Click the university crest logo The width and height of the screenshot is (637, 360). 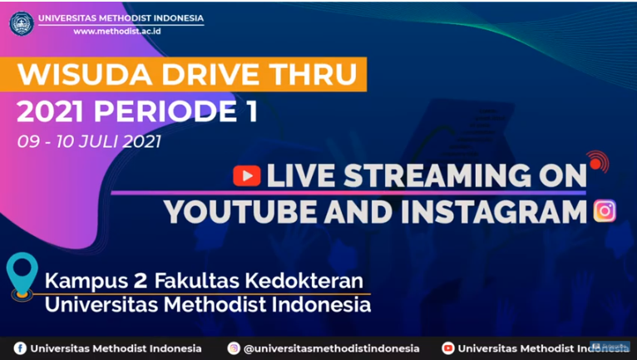point(22,23)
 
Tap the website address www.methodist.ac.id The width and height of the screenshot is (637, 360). point(117,32)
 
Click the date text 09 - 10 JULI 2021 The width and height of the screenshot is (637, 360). point(89,141)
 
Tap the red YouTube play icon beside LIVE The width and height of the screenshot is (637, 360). point(247,176)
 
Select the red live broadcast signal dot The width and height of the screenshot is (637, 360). point(595,163)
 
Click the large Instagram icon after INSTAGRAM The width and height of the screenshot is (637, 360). point(605,211)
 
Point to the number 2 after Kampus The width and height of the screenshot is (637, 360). point(141,281)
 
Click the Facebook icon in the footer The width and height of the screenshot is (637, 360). point(20,348)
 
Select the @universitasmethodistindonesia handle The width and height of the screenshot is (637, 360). point(331,348)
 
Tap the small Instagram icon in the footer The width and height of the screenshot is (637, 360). point(234,348)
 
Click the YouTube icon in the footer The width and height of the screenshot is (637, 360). point(448,348)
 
